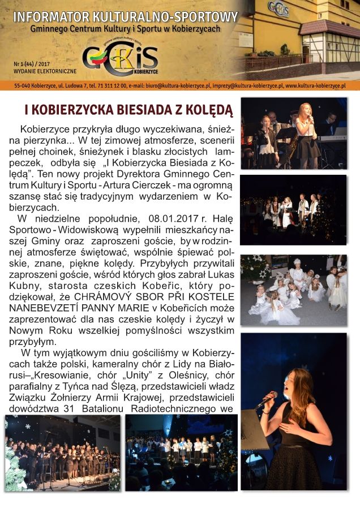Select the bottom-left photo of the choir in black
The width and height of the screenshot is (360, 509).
click(x=62, y=452)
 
